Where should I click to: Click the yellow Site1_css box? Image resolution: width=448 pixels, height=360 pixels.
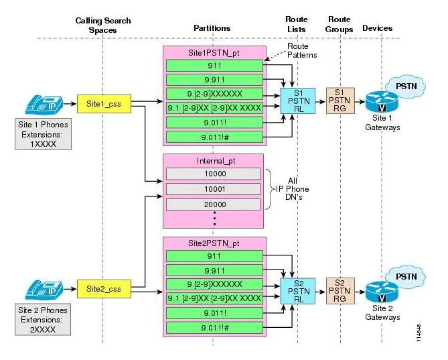[102, 104]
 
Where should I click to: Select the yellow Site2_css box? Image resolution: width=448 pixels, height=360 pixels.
[102, 288]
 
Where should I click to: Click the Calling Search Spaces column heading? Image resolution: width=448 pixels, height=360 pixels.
[102, 25]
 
